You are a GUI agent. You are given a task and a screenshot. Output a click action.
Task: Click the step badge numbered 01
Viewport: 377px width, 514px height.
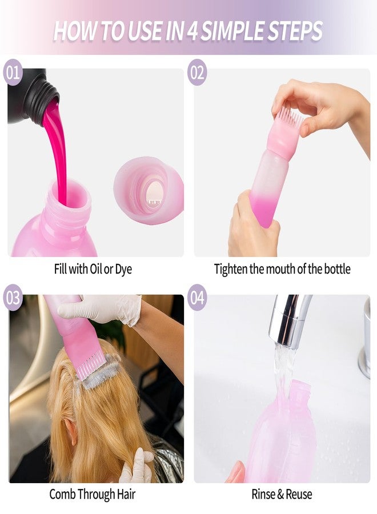(13, 72)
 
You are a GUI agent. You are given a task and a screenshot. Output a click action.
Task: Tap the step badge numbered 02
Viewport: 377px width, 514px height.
(197, 72)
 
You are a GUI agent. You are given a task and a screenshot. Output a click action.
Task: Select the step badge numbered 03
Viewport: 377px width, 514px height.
(13, 298)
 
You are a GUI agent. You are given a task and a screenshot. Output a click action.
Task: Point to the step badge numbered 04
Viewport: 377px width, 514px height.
(197, 298)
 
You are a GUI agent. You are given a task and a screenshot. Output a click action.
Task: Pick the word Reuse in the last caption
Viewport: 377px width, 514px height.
(299, 494)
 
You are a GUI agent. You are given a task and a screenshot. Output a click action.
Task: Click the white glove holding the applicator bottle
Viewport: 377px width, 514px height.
(105, 308)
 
